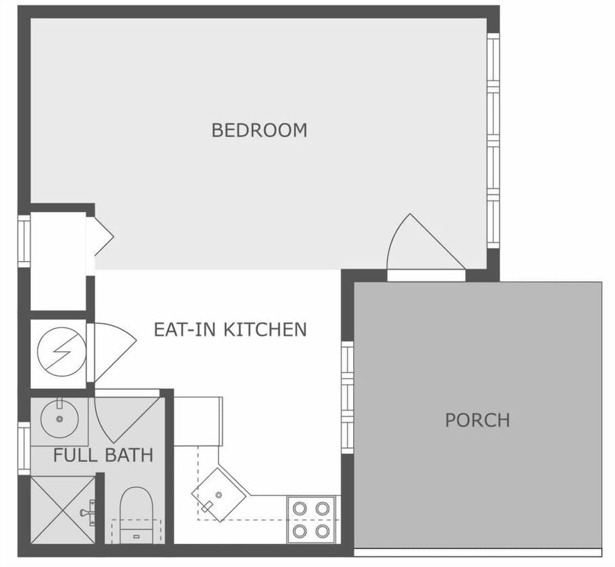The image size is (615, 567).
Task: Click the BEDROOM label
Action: tap(259, 130)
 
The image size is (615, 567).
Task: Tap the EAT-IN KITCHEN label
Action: tap(230, 330)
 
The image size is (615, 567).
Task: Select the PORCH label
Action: tap(477, 420)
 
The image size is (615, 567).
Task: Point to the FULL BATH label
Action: tap(102, 456)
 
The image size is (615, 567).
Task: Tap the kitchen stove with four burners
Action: tap(311, 519)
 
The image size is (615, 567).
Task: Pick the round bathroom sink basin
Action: tap(60, 418)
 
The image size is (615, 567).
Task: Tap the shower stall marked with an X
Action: tap(62, 510)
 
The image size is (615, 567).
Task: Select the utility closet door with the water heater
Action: tap(112, 349)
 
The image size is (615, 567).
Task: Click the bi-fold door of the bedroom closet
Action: tap(101, 237)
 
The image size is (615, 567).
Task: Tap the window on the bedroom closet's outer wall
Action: tap(24, 241)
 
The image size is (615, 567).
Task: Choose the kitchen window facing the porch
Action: tap(347, 397)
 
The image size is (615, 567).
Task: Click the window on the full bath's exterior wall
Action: tap(24, 448)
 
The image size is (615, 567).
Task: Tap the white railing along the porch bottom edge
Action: tap(478, 552)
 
